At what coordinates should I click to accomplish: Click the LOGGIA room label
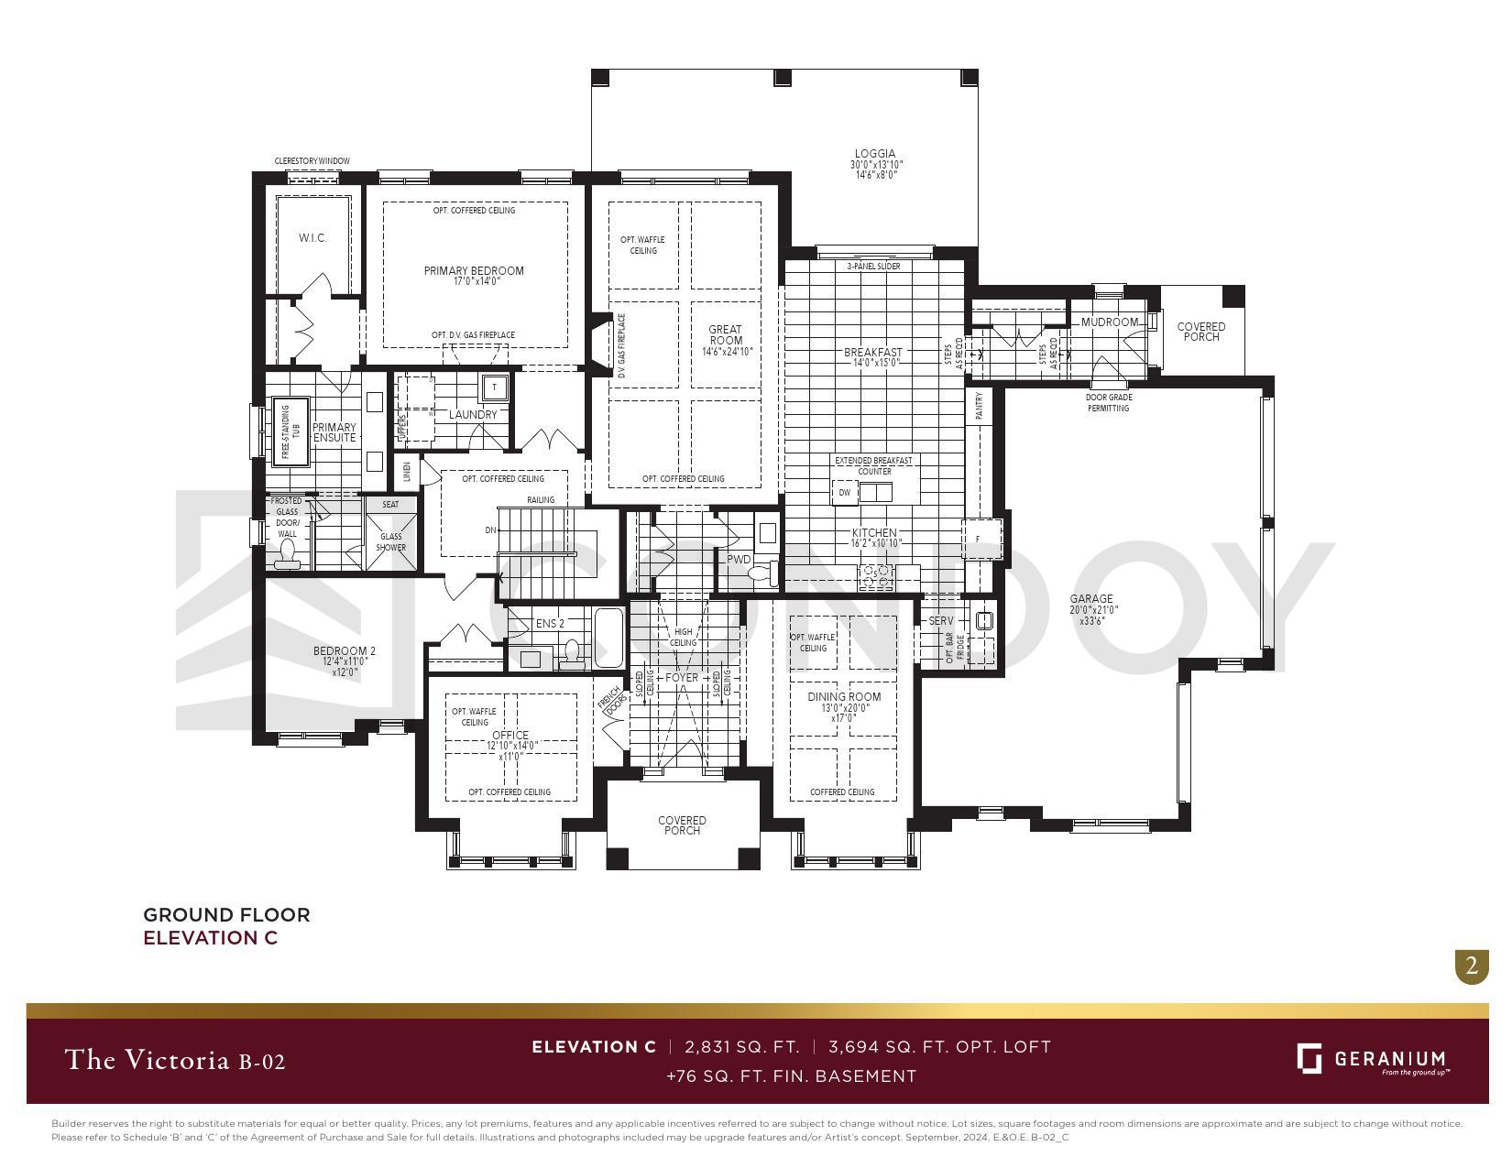point(875,154)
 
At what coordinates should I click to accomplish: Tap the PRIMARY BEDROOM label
point(474,271)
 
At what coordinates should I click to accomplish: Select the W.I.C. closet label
point(312,238)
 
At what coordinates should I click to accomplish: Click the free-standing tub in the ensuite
point(290,431)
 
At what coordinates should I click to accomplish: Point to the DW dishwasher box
point(844,493)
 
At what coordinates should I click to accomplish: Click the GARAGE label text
point(1090,599)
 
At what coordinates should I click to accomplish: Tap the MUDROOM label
point(1109,322)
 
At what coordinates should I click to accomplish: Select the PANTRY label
point(979,405)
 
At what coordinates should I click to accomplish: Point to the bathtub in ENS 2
point(608,639)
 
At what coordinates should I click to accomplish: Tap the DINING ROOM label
point(844,697)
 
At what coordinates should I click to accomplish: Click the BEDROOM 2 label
point(344,651)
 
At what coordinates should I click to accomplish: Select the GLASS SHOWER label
point(390,542)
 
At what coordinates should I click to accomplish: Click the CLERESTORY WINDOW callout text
point(312,161)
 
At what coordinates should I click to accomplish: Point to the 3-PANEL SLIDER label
point(872,267)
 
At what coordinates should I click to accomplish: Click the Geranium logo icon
point(1309,1058)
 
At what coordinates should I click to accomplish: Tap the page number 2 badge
point(1472,966)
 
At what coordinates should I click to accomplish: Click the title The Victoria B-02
point(175,1061)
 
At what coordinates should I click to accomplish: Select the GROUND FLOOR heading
point(226,914)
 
